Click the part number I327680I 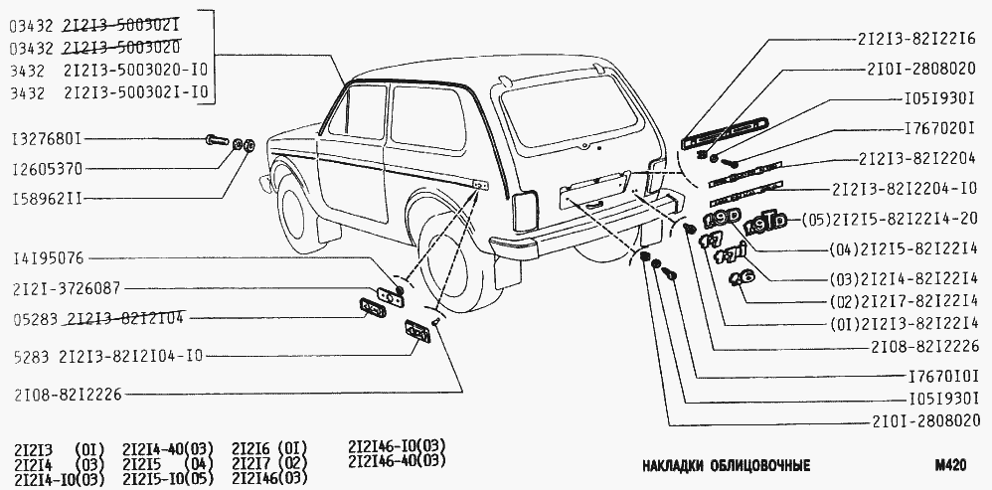click(x=47, y=138)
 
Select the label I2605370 click(x=47, y=169)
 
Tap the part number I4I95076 click(x=47, y=258)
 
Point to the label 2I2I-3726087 click(x=67, y=289)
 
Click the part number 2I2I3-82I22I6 click(x=916, y=38)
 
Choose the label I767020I click(x=939, y=129)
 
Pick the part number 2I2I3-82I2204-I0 click(x=904, y=189)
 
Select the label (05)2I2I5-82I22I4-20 click(x=889, y=219)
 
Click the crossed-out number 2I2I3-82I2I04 click(x=126, y=319)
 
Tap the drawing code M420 click(x=950, y=466)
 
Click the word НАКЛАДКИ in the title click(x=673, y=466)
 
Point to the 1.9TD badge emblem click(x=765, y=222)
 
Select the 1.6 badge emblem click(x=741, y=277)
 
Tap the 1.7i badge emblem click(x=731, y=255)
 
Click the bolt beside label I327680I click(x=218, y=140)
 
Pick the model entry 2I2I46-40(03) click(x=397, y=461)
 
